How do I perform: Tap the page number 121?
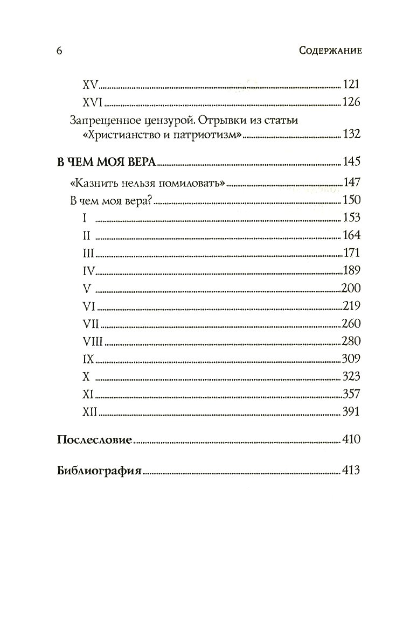pyautogui.click(x=351, y=85)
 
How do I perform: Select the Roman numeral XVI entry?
pyautogui.click(x=93, y=102)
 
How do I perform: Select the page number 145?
pyautogui.click(x=351, y=163)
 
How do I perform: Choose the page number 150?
pyautogui.click(x=351, y=200)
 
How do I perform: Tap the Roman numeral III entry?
pyautogui.click(x=89, y=253)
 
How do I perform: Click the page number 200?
pyautogui.click(x=351, y=288)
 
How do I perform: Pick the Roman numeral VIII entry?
pyautogui.click(x=93, y=341)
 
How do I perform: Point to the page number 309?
pyautogui.click(x=351, y=359)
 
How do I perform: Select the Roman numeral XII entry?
pyautogui.click(x=89, y=412)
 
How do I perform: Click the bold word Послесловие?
pyautogui.click(x=94, y=440)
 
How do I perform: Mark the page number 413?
pyautogui.click(x=351, y=470)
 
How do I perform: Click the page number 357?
pyautogui.click(x=351, y=394)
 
